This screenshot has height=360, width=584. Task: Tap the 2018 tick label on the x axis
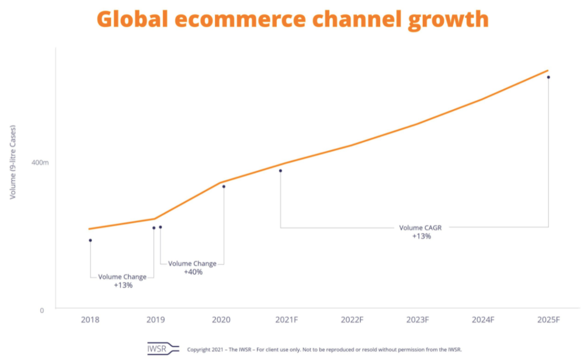pyautogui.click(x=90, y=320)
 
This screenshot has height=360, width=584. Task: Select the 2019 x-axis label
pyautogui.click(x=155, y=320)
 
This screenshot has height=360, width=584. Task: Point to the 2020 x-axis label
pyautogui.click(x=221, y=320)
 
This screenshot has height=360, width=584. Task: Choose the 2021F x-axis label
pyautogui.click(x=287, y=320)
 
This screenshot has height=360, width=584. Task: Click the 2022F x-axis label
pyautogui.click(x=352, y=320)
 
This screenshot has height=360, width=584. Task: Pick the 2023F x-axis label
pyautogui.click(x=418, y=320)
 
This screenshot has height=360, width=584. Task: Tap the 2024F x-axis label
pyautogui.click(x=483, y=320)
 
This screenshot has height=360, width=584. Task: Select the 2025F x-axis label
pyautogui.click(x=548, y=320)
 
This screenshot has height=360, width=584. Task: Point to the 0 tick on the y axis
pyautogui.click(x=42, y=310)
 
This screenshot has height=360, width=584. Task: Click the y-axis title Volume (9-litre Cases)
pyautogui.click(x=13, y=162)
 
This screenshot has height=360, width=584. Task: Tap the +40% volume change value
pyautogui.click(x=193, y=272)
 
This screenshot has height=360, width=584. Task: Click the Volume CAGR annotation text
pyautogui.click(x=420, y=228)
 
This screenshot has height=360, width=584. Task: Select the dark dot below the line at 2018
pyautogui.click(x=90, y=240)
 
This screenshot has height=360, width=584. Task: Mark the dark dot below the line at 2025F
pyautogui.click(x=548, y=77)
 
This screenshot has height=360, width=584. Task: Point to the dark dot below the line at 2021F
pyautogui.click(x=280, y=171)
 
